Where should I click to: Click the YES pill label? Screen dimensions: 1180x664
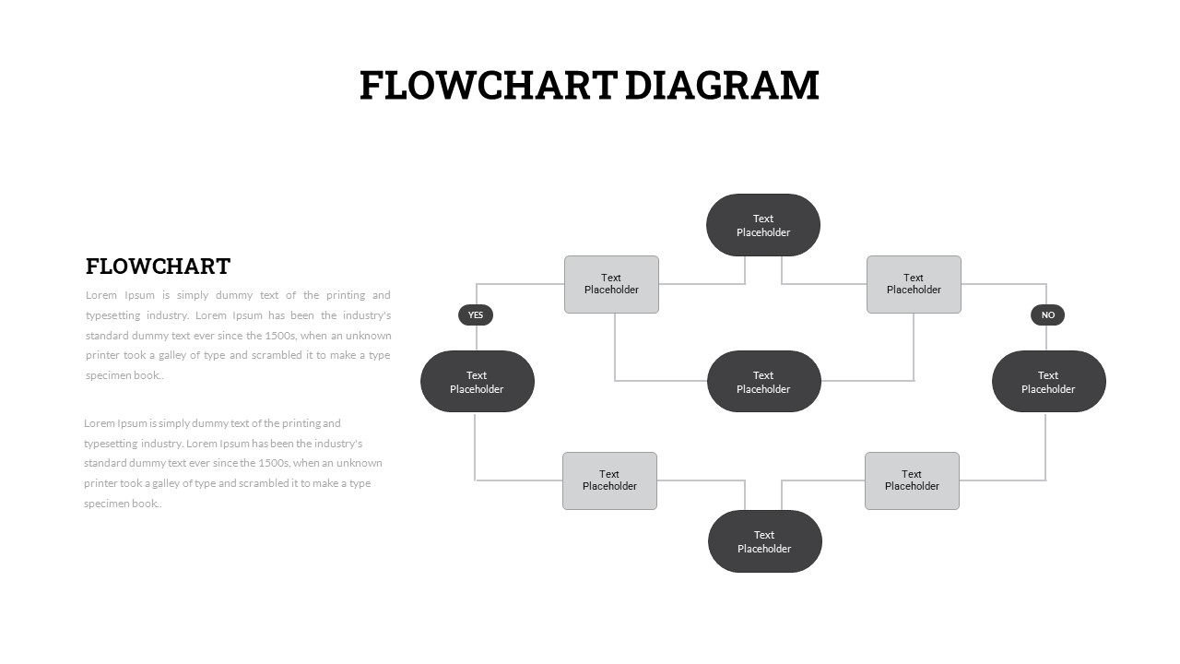[x=476, y=315]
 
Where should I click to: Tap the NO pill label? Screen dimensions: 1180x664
[x=1048, y=315]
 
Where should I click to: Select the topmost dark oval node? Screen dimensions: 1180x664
[x=763, y=225]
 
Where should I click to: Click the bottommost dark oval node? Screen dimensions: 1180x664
[x=765, y=541]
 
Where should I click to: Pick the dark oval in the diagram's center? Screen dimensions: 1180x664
[x=764, y=382]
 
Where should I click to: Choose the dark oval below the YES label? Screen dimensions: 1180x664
[x=478, y=382]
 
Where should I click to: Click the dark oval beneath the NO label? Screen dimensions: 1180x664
[x=1049, y=382]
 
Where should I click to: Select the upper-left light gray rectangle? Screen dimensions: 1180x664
[x=611, y=285]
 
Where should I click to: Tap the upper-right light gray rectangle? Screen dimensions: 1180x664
[x=914, y=285]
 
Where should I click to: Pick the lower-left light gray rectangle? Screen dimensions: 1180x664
[x=609, y=481]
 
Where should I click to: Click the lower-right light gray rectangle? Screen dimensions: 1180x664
[x=912, y=481]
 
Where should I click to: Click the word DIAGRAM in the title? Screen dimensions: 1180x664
[x=722, y=86]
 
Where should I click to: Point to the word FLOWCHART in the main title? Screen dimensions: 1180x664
[x=489, y=86]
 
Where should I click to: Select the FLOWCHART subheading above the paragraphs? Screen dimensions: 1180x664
[x=158, y=267]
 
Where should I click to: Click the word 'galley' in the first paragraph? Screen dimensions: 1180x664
[x=171, y=356]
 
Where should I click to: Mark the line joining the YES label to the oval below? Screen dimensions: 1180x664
[x=477, y=338]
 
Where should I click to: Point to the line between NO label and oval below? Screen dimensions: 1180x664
[x=1046, y=338]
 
